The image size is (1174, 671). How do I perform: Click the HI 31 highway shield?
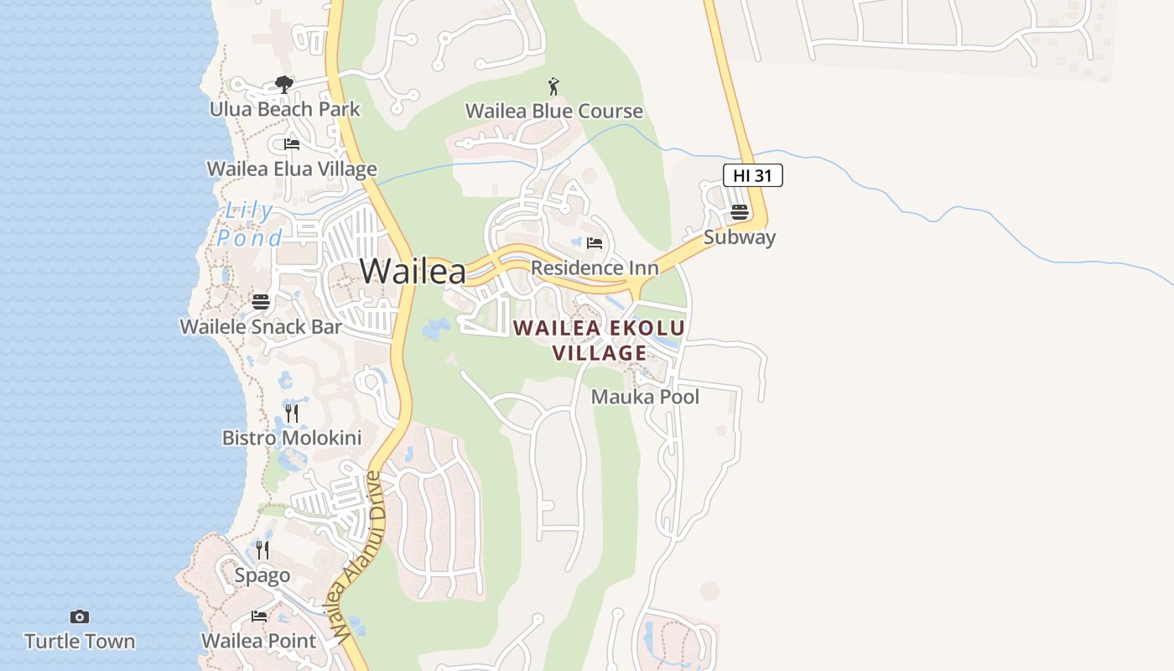752,175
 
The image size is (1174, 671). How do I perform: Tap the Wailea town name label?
413,271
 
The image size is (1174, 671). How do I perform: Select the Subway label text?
739,237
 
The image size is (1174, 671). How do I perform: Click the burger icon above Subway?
739,211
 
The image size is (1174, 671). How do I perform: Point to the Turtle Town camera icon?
80,617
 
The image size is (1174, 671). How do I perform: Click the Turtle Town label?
80,642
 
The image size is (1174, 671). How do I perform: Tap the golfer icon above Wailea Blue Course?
553,86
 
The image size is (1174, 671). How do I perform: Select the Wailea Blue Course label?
554,111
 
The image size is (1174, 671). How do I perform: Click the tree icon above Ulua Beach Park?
284,85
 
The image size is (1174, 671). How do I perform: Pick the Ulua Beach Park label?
284,109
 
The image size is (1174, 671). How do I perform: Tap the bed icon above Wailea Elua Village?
292,144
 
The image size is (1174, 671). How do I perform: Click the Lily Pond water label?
249,224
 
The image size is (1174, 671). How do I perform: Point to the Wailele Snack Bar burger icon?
261,302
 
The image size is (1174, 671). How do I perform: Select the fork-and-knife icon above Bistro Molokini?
292,413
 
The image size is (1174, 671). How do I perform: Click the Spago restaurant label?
262,575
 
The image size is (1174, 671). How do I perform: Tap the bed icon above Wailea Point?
259,616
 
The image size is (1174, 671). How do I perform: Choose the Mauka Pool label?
645,397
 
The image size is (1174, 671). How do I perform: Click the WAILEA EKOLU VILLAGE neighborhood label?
599,340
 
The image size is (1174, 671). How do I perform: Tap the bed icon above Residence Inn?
595,243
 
